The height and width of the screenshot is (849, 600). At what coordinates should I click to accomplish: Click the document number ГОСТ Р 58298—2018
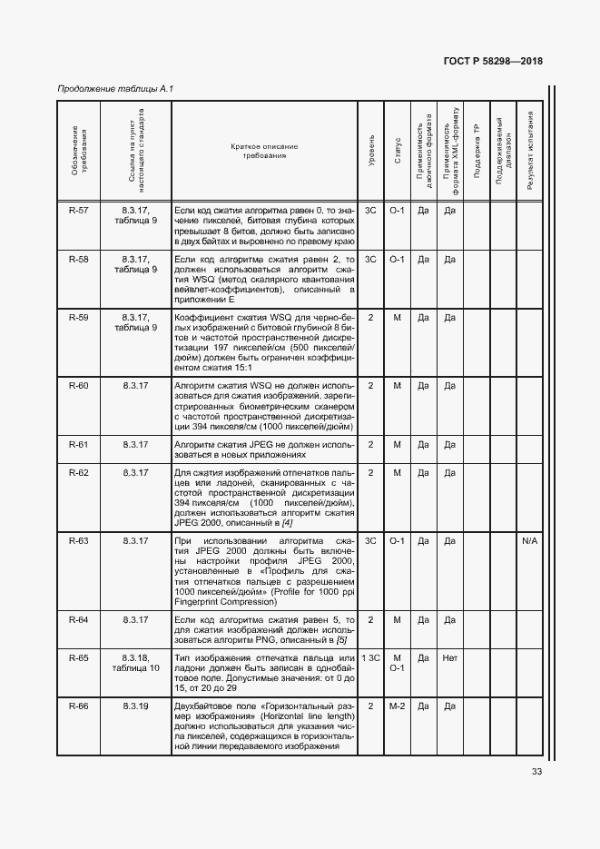point(492,61)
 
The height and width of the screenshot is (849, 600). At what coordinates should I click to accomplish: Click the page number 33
point(536,773)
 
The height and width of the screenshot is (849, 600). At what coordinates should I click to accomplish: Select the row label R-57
point(79,210)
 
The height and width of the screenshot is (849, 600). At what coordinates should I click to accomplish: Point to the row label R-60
point(79,386)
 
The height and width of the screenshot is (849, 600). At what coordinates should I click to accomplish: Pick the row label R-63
point(79,541)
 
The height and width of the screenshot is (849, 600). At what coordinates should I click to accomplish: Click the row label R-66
point(79,706)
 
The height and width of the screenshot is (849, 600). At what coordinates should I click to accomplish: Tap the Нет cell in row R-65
point(449,656)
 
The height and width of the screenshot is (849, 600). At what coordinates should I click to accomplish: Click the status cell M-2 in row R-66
point(397,706)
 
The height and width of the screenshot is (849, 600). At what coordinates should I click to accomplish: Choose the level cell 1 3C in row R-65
point(370,656)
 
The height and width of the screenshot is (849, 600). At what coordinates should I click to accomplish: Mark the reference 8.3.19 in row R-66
point(136,706)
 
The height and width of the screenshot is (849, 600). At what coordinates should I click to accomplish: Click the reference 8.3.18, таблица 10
point(136,662)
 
